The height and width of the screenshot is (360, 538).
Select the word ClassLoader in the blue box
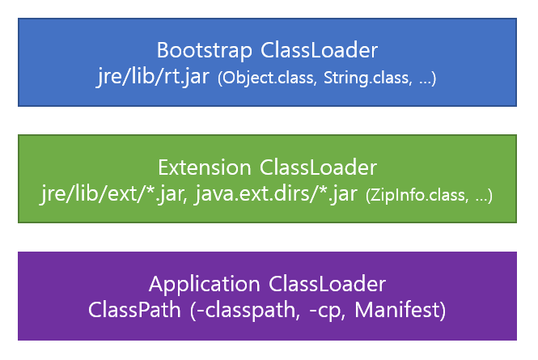click(x=319, y=50)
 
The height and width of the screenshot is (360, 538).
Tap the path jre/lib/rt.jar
click(x=153, y=78)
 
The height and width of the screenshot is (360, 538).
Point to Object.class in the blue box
click(x=262, y=79)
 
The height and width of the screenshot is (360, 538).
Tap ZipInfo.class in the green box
click(x=413, y=197)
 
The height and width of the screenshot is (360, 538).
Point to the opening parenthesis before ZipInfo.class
click(x=368, y=197)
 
